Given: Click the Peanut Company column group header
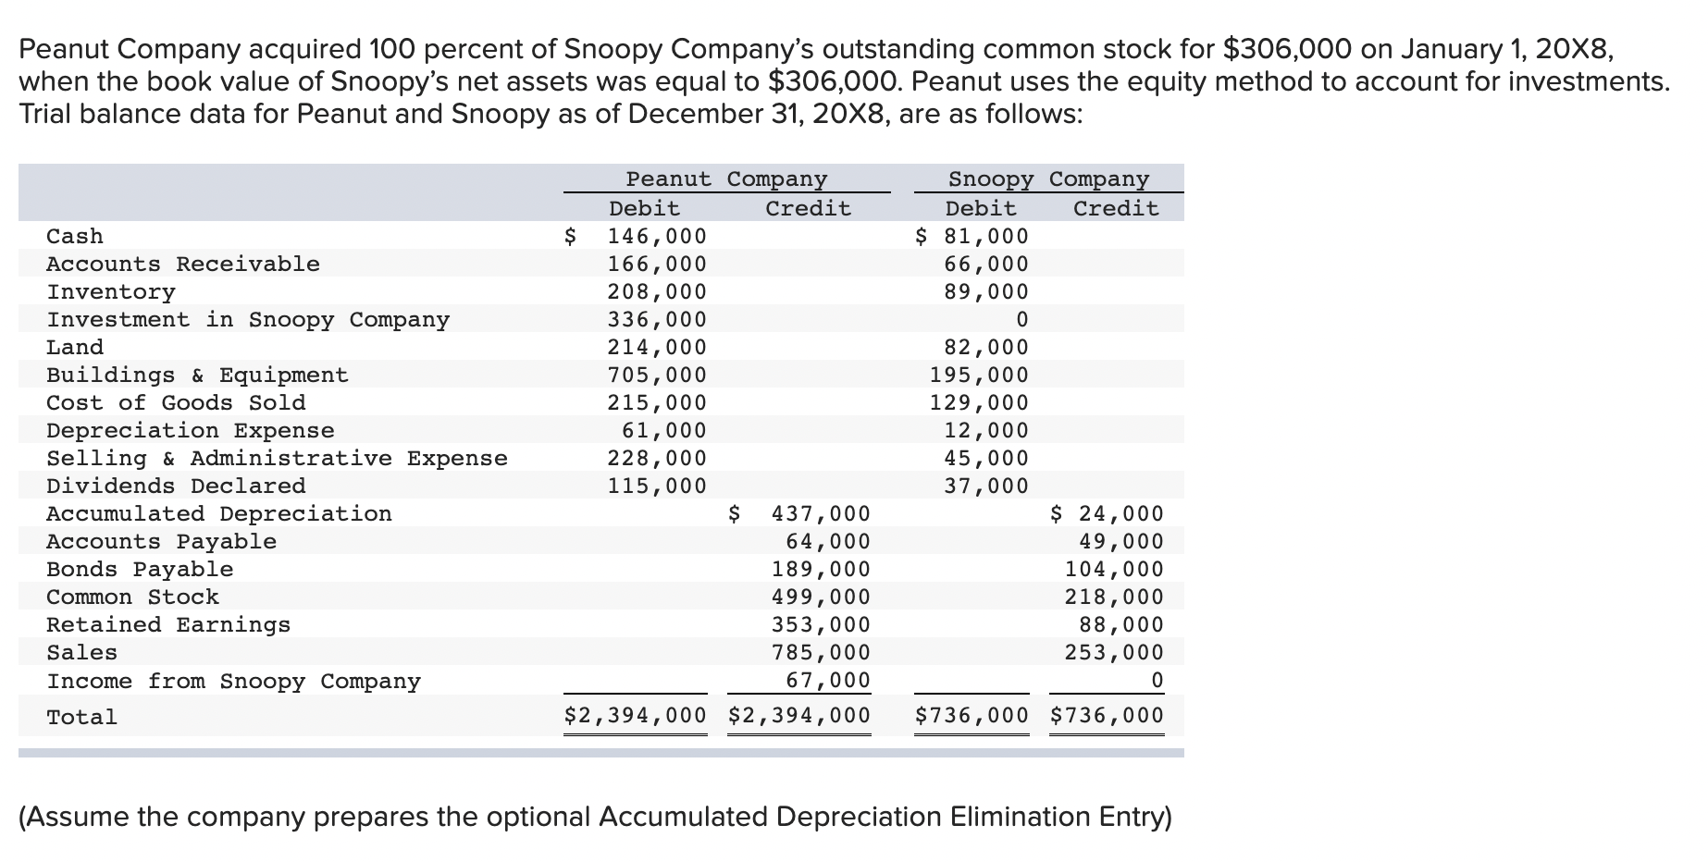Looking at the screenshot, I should [x=726, y=179].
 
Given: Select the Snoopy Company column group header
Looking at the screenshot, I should [x=1048, y=179].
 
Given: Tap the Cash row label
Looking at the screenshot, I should [x=75, y=236].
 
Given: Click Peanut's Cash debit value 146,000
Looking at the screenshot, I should [x=656, y=236].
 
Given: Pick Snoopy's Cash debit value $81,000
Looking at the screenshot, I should [x=972, y=236].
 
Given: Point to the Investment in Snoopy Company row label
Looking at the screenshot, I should [x=248, y=319].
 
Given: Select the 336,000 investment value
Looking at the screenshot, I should [x=656, y=319].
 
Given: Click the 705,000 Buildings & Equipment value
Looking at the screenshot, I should [x=656, y=375].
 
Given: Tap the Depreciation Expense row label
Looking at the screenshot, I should [x=191, y=430].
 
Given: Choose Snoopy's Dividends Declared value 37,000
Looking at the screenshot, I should [x=985, y=486].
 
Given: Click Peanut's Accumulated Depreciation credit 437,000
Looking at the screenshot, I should [x=821, y=513].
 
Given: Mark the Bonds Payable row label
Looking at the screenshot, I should [x=140, y=569].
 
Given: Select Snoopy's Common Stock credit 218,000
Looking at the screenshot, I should [x=1114, y=597].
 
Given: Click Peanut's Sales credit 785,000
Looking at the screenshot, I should [x=821, y=652].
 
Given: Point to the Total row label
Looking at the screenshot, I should [x=82, y=717].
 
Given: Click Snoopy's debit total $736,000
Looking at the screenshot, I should [x=972, y=715].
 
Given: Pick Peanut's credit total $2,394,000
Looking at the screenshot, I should [x=799, y=715].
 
